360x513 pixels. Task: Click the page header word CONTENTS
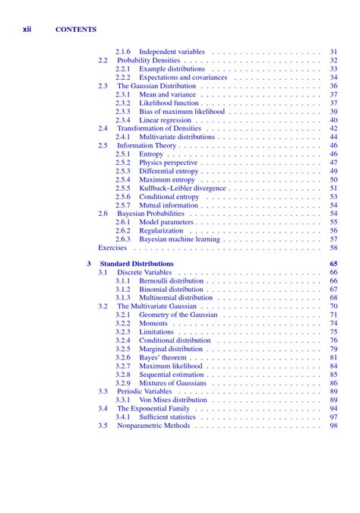[x=76, y=30]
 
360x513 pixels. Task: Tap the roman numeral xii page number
[x=27, y=30]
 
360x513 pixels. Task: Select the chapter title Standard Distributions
[x=137, y=264]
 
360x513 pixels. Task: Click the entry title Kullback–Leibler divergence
[x=182, y=188]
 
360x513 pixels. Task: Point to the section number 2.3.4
[x=123, y=120]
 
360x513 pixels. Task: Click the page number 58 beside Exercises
[x=333, y=248]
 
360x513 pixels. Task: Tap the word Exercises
[x=112, y=248]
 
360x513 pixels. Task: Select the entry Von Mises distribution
[x=173, y=400]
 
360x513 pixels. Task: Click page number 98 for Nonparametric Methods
[x=333, y=426]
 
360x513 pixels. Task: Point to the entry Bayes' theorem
[x=163, y=357]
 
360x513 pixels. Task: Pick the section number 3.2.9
[x=123, y=383]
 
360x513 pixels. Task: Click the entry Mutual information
[x=169, y=205]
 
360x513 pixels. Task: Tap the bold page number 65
[x=333, y=264]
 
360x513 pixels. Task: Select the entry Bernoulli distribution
[x=172, y=280]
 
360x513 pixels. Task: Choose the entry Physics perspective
[x=168, y=163]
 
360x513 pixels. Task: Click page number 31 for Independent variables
[x=333, y=52]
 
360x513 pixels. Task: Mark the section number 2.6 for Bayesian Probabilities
[x=103, y=214]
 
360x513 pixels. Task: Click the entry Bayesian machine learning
[x=179, y=239]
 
